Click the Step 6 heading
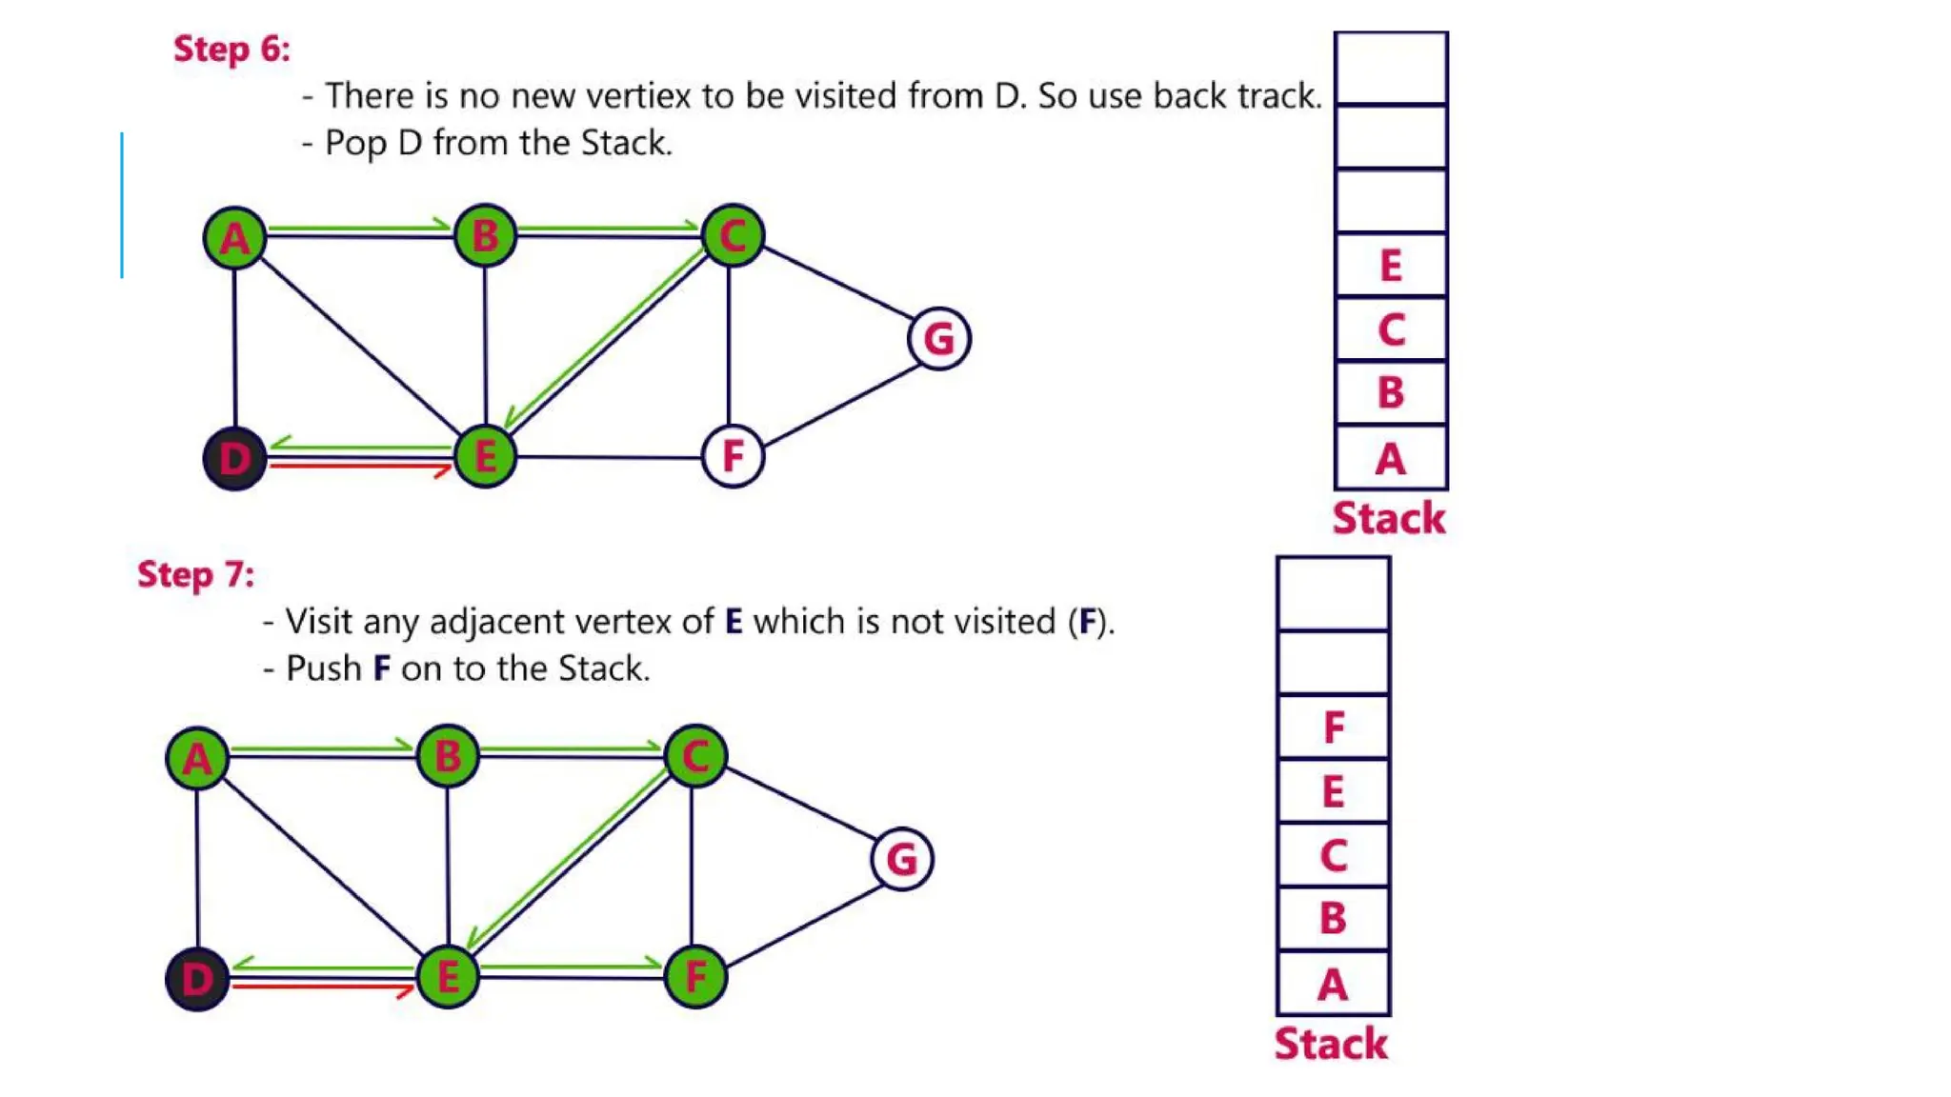231,49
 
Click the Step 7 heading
196,574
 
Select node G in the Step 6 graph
939,338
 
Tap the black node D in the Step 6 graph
234,458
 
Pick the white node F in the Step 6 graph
733,456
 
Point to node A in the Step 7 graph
197,759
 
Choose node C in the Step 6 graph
733,235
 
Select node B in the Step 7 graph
448,757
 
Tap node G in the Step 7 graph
902,859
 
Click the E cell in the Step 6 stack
1391,266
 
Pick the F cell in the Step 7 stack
1334,728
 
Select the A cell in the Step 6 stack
1391,459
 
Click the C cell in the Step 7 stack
1334,855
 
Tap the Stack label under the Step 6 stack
1389,519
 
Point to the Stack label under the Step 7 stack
1331,1044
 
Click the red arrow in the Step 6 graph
360,467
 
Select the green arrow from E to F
572,967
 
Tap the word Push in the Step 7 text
324,668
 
